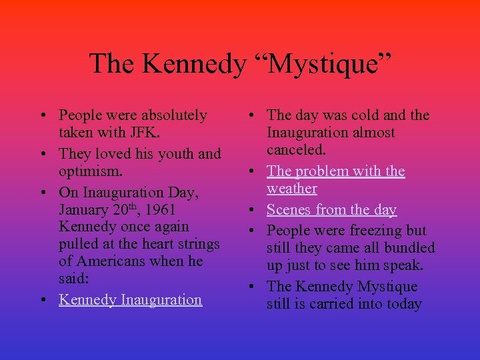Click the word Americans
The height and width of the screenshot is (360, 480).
pos(113,261)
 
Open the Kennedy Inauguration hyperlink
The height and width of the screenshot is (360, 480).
pos(130,299)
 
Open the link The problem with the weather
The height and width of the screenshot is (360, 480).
pos(335,171)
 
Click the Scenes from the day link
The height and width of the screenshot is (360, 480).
pos(331,209)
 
